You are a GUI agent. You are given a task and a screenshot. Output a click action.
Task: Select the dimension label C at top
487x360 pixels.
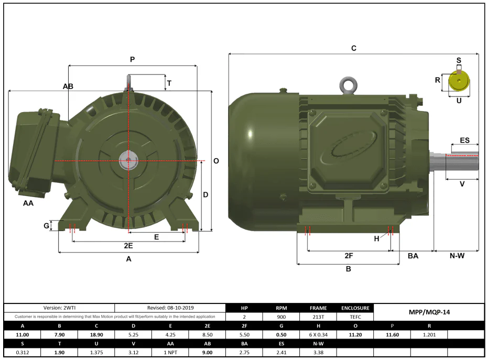(354, 48)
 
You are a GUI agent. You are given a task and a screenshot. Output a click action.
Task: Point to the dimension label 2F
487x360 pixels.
(349, 256)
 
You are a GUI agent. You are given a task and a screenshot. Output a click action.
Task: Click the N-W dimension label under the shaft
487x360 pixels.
(457, 256)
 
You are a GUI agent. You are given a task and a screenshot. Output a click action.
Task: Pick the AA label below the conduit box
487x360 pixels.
(28, 203)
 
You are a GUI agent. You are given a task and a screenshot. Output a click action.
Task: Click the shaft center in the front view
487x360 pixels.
(128, 161)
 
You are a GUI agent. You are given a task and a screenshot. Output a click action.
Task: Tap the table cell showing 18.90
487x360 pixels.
(96, 335)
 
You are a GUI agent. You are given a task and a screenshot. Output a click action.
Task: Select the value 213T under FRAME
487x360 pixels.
(318, 317)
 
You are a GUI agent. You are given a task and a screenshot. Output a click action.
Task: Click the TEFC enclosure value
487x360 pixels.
(355, 317)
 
